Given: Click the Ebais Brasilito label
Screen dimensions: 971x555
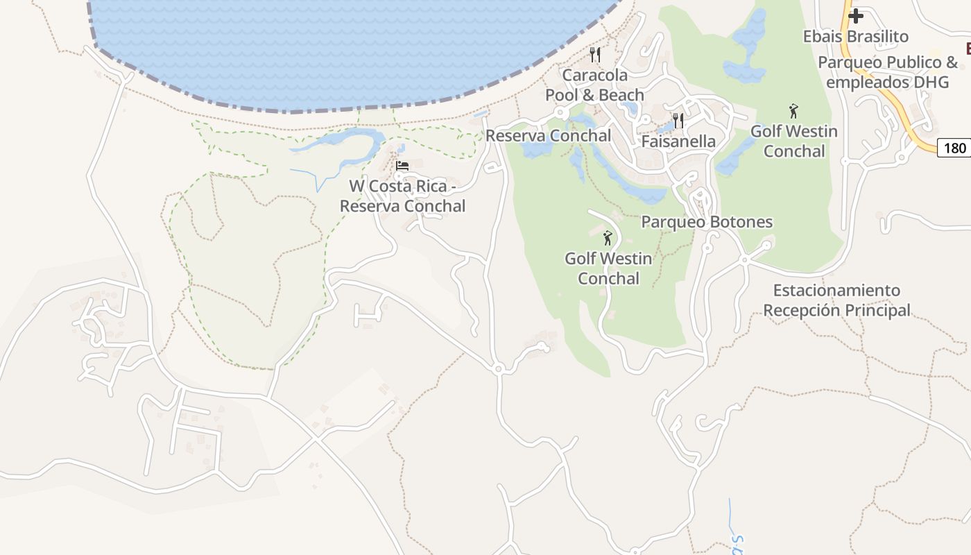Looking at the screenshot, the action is point(855,36).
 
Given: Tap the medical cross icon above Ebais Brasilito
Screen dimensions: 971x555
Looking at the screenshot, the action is point(856,15).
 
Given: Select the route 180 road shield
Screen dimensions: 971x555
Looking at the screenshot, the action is point(954,148).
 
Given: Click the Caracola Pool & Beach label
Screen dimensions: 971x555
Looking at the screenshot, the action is point(594,85).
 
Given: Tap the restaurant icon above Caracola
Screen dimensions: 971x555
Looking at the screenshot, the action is point(594,54).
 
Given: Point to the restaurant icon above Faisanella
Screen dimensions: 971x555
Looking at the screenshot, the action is point(678,120).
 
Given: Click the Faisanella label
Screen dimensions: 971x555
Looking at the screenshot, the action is point(678,142).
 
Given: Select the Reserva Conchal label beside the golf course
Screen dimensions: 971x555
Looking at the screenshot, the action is point(548,136).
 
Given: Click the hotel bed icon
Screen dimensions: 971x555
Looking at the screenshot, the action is point(402,166).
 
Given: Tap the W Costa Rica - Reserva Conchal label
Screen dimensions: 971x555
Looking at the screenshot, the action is point(402,196).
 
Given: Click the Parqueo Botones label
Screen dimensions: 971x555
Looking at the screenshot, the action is point(706,222).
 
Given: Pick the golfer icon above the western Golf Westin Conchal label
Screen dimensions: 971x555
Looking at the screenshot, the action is point(608,238).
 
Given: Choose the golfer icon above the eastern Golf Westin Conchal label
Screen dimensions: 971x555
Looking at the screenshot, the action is point(793,110).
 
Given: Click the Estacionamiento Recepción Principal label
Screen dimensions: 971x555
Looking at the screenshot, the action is point(836,300).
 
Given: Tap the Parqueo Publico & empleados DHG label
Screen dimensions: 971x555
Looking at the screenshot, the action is point(887,72).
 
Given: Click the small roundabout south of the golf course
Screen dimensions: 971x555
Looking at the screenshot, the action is point(497,369).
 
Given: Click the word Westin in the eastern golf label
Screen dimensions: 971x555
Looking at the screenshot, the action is point(814,131).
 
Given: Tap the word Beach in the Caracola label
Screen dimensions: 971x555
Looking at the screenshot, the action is point(620,95).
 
